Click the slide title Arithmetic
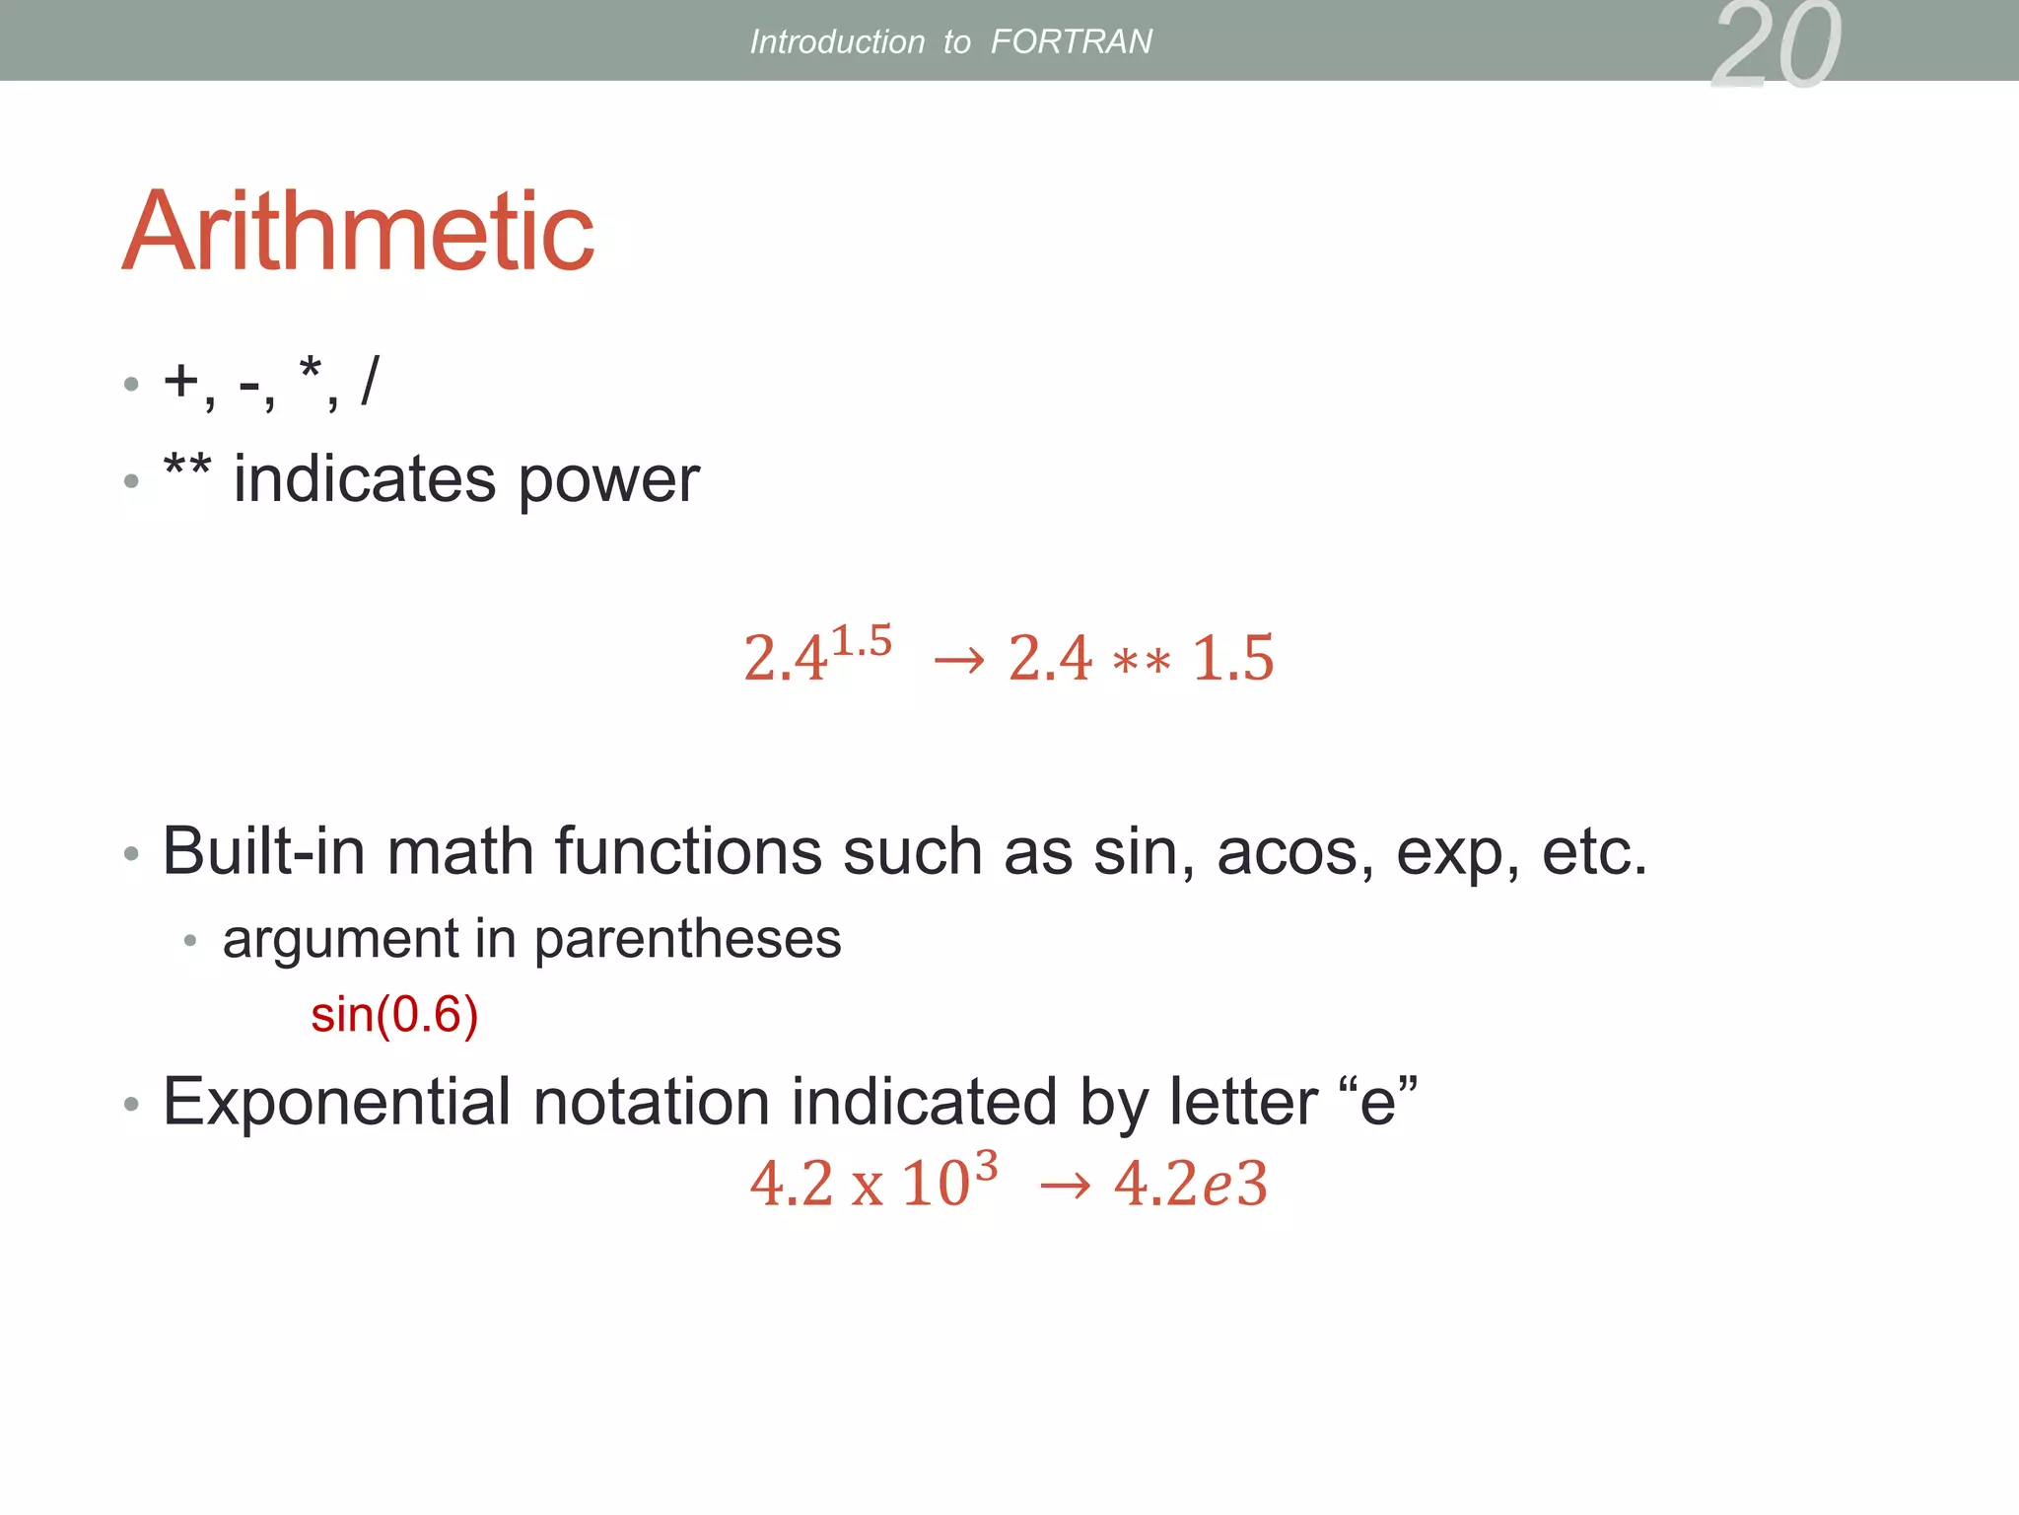click(x=358, y=232)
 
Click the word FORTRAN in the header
click(x=1071, y=41)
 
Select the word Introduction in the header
click(x=837, y=41)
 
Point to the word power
click(x=608, y=481)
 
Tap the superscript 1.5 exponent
click(x=862, y=641)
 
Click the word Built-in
click(x=263, y=850)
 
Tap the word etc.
click(x=1594, y=852)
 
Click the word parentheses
click(x=687, y=939)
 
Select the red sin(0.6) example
click(x=394, y=1015)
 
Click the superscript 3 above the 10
click(x=986, y=1166)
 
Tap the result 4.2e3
click(x=1190, y=1184)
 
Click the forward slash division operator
click(x=370, y=380)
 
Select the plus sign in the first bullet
click(x=181, y=380)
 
